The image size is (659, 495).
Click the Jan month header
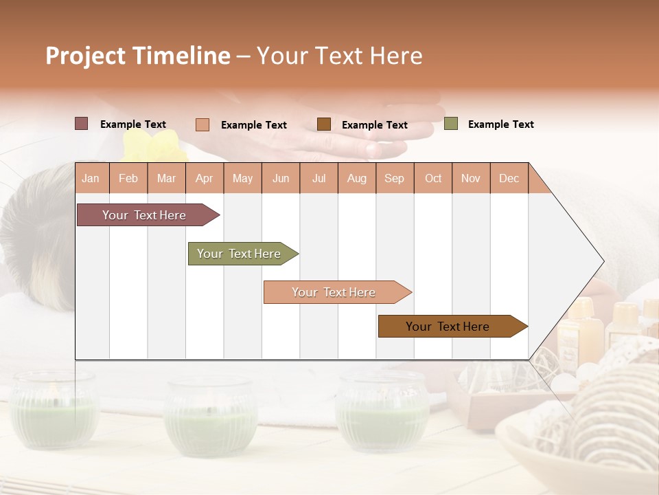(91, 178)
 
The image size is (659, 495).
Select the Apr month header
(204, 178)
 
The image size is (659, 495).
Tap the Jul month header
(319, 178)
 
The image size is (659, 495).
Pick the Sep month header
(394, 178)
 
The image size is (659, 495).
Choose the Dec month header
(509, 178)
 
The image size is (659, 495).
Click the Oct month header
(433, 178)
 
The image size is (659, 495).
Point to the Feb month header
(128, 178)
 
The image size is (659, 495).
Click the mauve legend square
(81, 124)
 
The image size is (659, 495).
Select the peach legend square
(202, 124)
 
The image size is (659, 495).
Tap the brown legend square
(324, 124)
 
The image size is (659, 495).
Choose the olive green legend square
(450, 124)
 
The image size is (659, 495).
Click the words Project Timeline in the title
(137, 56)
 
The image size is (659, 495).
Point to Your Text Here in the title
(339, 56)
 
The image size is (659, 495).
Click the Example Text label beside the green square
(500, 124)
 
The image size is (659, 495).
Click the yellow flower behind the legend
(157, 146)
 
